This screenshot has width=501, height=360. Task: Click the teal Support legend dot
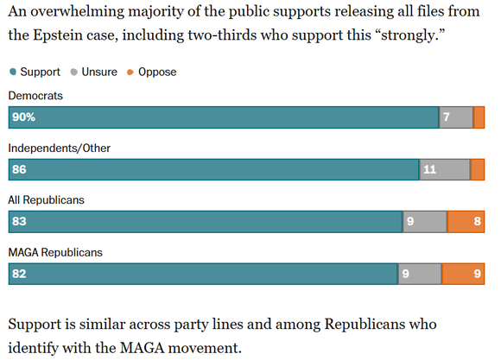point(13,72)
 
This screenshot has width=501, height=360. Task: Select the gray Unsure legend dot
point(73,72)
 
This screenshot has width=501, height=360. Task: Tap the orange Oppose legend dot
point(130,73)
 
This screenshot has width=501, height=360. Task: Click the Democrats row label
point(35,96)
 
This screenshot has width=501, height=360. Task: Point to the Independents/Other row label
point(59,148)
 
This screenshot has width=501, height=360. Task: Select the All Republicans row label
point(46,200)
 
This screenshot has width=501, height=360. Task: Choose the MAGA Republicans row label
point(55,252)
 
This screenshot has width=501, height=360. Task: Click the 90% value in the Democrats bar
point(23,117)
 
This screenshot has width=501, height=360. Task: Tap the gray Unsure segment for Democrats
point(456,117)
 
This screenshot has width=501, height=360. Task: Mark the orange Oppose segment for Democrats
point(479,117)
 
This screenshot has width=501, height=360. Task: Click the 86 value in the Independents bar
point(19,169)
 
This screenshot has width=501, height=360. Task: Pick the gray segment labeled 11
point(445,169)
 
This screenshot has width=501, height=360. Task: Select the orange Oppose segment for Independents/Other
point(478,169)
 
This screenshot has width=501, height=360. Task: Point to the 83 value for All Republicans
point(19,221)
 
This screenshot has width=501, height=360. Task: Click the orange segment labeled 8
point(466,221)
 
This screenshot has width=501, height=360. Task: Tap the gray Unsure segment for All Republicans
point(425,221)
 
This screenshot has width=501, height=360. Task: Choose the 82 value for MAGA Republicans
point(19,274)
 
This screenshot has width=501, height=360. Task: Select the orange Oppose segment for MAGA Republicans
point(463,274)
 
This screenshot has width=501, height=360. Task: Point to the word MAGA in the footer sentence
point(143,347)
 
